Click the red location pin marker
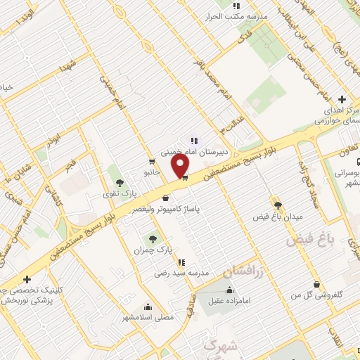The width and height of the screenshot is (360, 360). tap(181, 166)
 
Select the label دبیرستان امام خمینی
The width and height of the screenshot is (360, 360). tap(192, 151)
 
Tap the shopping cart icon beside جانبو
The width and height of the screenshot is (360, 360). tap(152, 162)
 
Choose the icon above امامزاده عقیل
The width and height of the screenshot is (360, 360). tap(229, 290)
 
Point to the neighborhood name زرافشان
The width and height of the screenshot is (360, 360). tap(242, 270)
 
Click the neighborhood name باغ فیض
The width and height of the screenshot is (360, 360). tap(307, 240)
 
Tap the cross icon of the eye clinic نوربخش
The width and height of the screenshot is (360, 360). tap(27, 278)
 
